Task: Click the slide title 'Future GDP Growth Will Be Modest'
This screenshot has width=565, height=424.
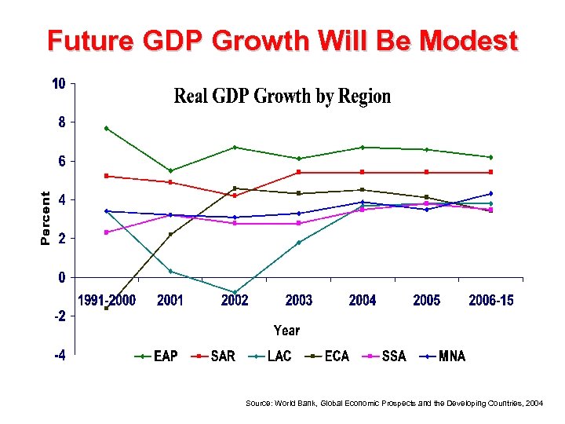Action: (282, 40)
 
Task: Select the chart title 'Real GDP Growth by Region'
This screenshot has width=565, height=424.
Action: (282, 97)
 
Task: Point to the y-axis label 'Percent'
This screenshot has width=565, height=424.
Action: (46, 217)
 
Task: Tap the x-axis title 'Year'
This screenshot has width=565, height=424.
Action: (286, 331)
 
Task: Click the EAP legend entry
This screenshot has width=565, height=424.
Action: (157, 356)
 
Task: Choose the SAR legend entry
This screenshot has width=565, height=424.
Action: (214, 356)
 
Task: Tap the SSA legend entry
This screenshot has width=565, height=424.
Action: (385, 356)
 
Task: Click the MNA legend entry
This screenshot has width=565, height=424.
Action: (443, 356)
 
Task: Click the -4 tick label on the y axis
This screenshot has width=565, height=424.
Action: (60, 355)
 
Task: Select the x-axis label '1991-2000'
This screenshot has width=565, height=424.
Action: (106, 300)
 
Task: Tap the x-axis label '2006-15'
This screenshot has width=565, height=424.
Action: (490, 300)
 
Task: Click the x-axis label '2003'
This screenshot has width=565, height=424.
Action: (299, 300)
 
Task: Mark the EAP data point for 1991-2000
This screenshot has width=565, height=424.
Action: (106, 128)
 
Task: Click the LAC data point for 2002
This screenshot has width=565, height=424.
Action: (235, 293)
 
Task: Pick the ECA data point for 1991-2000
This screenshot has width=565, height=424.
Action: (106, 308)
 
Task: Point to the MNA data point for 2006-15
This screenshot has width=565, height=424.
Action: (490, 193)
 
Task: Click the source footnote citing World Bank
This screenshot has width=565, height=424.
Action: (394, 403)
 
